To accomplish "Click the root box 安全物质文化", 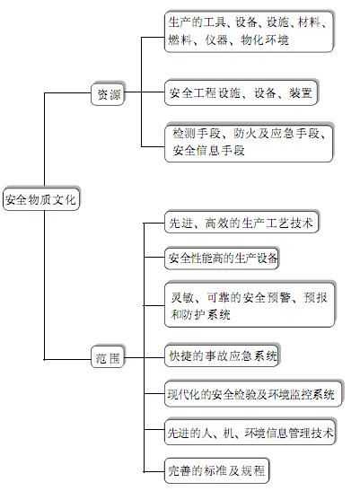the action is tap(41, 199).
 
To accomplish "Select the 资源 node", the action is tap(108, 94).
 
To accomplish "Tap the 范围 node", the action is tap(108, 357).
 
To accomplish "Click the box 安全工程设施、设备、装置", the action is tap(241, 93).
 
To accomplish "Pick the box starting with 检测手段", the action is tap(249, 143).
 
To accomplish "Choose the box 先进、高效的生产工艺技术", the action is tap(241, 223).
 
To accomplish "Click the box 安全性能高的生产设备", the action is tap(222, 259).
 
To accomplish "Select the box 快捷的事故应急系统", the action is tap(223, 355).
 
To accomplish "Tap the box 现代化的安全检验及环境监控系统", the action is tap(253, 394).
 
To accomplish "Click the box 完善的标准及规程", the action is tap(217, 470).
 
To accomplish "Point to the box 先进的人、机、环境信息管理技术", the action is tap(250, 433).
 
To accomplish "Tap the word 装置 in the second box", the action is tap(301, 93).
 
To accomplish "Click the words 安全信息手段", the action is tap(208, 151).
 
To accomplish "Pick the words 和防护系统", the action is tap(200, 314).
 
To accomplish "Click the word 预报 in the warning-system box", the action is tap(315, 297).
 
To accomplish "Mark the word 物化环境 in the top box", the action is tap(265, 40).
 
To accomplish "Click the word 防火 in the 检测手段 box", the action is tap(245, 134).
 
